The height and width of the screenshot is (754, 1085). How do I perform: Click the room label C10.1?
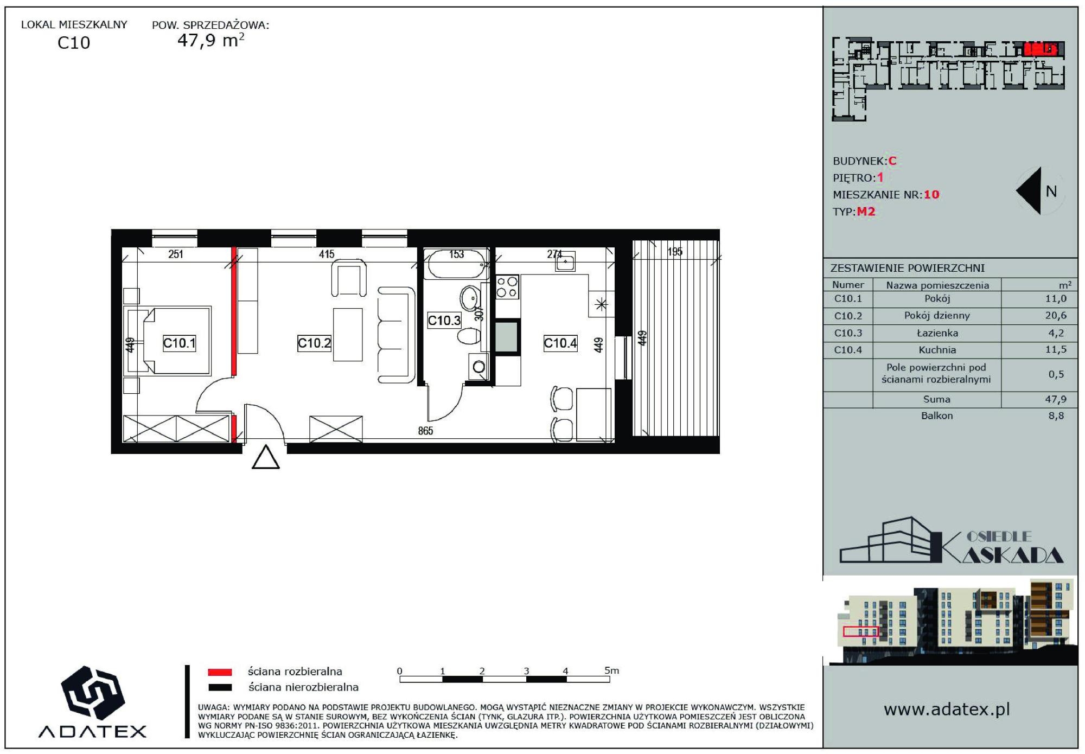(179, 343)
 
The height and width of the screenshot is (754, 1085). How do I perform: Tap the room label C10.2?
(314, 343)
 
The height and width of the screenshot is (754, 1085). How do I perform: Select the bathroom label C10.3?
(444, 320)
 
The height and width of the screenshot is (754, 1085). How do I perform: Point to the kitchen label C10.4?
(560, 343)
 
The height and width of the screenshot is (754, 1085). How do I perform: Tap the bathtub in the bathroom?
(456, 264)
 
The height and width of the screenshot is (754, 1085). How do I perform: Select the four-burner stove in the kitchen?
(507, 287)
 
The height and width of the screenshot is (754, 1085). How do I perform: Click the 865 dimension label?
(425, 431)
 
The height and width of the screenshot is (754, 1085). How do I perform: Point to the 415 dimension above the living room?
(327, 254)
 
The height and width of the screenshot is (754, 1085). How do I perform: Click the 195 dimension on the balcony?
(675, 252)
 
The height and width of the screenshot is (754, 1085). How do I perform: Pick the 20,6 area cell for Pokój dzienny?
(1056, 315)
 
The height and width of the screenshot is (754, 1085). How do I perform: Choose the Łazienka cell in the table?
(937, 333)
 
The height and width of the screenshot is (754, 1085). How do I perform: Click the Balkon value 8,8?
(1056, 416)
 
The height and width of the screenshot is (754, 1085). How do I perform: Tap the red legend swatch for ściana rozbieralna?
(220, 672)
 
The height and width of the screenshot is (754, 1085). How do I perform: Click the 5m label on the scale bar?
(611, 670)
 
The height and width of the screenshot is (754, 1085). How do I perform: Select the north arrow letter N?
(1051, 191)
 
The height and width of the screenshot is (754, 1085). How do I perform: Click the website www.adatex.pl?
(947, 710)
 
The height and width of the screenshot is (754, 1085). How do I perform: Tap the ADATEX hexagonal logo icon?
(93, 692)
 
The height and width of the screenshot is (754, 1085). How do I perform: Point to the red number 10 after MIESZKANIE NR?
(931, 194)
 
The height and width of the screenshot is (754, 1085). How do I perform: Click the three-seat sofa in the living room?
(396, 335)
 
